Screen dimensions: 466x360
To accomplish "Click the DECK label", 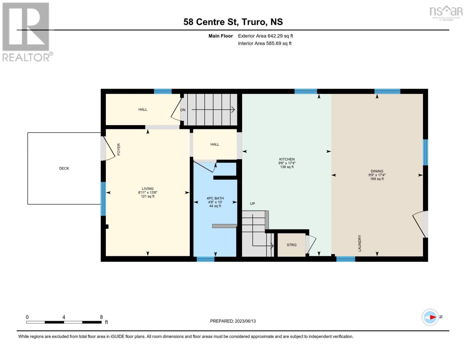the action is [x=64, y=168].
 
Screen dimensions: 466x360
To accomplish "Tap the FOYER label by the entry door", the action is [x=119, y=149].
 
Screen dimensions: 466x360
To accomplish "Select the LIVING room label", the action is [x=148, y=189].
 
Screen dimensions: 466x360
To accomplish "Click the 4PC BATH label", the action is [x=215, y=198].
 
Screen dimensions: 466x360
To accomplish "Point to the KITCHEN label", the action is [x=287, y=159].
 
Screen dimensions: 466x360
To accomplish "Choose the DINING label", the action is [x=377, y=171].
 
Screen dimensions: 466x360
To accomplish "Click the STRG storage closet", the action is [x=291, y=245].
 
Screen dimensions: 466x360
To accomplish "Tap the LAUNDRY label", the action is [x=360, y=243].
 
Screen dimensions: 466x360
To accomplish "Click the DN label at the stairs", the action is [x=183, y=110].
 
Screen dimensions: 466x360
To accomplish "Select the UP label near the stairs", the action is [x=252, y=203].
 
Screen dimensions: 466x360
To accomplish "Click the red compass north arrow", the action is [x=433, y=317].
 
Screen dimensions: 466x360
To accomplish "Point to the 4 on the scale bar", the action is [x=64, y=317].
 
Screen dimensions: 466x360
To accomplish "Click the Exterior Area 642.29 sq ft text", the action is [x=265, y=36].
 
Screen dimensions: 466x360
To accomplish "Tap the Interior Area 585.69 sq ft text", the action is [x=265, y=43].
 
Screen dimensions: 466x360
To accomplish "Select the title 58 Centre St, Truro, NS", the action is [x=233, y=22].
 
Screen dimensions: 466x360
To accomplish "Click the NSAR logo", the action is [x=446, y=13].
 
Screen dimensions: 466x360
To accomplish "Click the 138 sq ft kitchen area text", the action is [x=287, y=167].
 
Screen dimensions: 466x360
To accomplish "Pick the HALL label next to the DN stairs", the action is [x=143, y=109].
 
